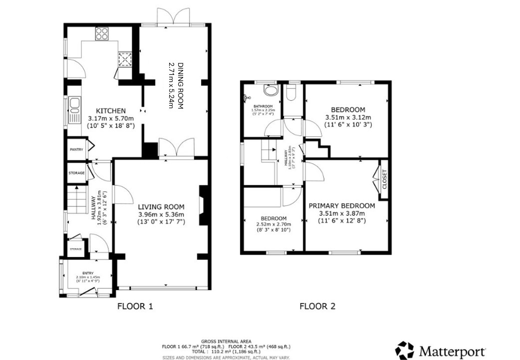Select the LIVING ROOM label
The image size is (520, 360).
click(161, 207)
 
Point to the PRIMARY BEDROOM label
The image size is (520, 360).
click(341, 205)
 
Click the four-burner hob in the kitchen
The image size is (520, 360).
click(102, 33)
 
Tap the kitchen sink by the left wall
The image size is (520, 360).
click(75, 105)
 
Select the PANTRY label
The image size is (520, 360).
click(76, 149)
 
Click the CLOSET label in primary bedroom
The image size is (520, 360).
click(384, 179)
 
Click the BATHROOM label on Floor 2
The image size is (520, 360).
click(262, 106)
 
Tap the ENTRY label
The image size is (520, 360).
click(88, 273)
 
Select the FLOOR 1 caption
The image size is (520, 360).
click(135, 307)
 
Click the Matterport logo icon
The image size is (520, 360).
click(404, 350)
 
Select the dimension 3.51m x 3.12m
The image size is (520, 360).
click(348, 118)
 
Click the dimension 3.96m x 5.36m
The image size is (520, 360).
click(161, 214)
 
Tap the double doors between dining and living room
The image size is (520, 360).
click(176, 148)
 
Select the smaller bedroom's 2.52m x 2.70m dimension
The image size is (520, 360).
click(273, 224)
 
